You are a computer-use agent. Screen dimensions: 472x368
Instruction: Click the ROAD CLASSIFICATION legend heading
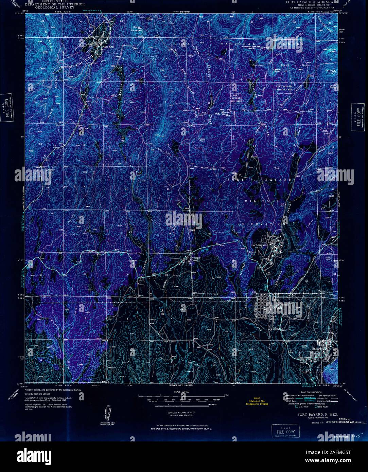[308, 392]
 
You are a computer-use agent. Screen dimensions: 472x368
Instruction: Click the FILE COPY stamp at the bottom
[284, 431]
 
